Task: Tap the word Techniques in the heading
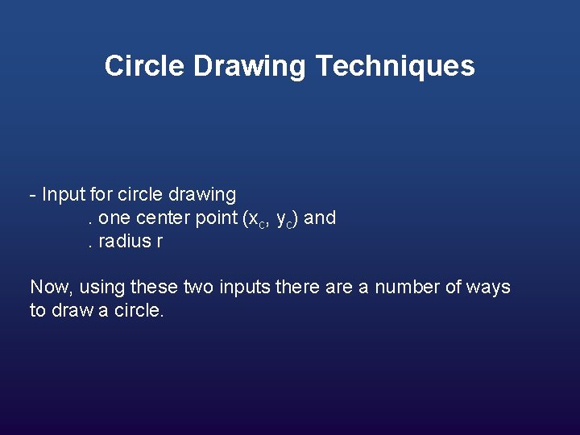pos(395,66)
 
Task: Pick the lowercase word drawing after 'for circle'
pos(202,195)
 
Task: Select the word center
pos(165,218)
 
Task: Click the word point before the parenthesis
pos(216,218)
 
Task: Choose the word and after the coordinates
pos(321,218)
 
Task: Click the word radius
pos(126,242)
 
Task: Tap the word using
pos(100,288)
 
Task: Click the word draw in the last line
pos(72,311)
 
